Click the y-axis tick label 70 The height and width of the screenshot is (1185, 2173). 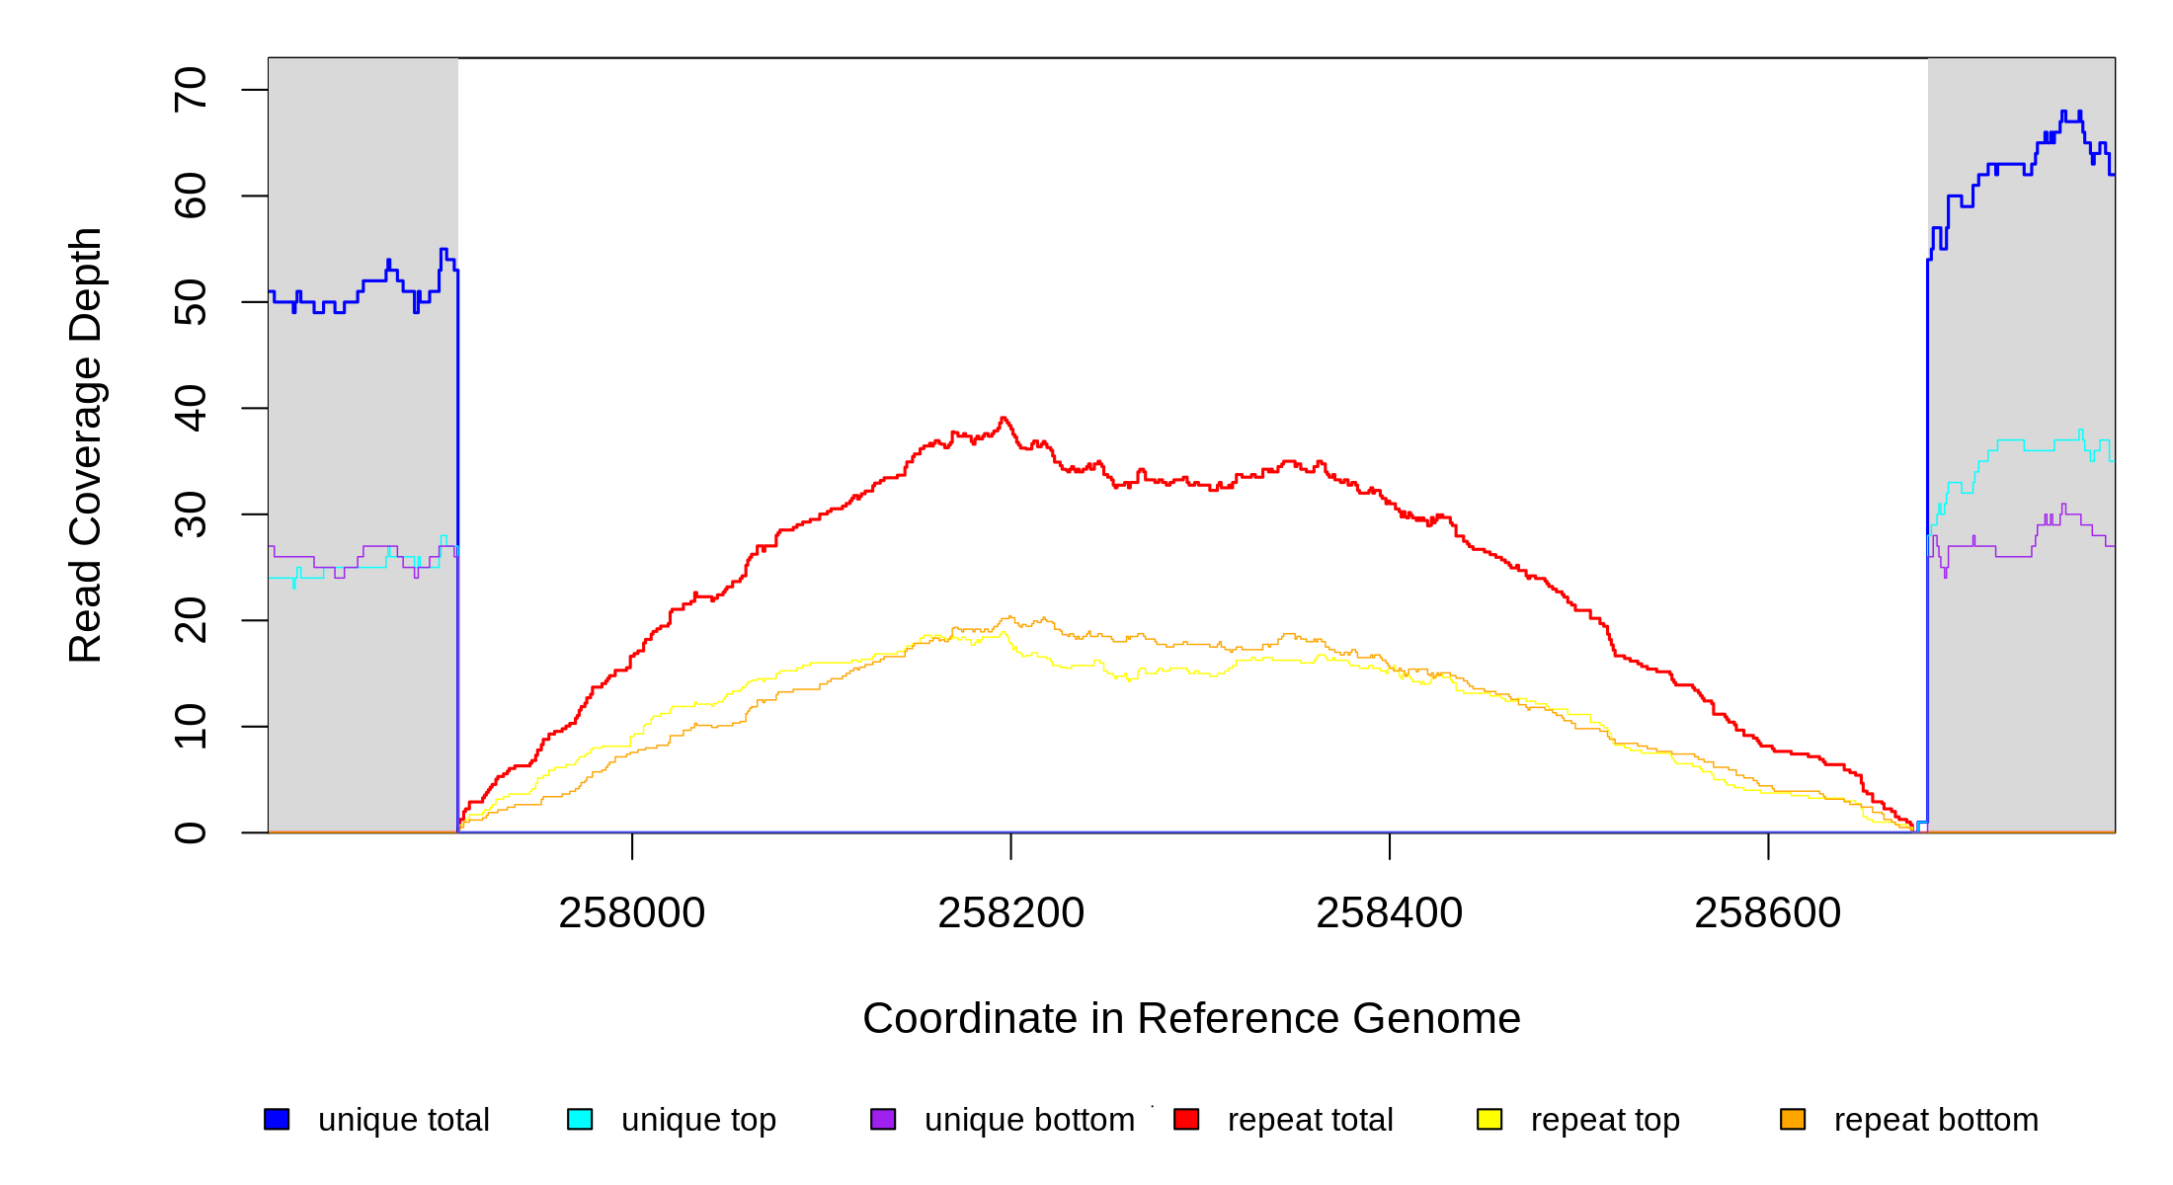click(x=191, y=90)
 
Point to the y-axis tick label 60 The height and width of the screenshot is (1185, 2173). click(x=191, y=196)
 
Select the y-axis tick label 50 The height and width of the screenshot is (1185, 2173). click(x=191, y=302)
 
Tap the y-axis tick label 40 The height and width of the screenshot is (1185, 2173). click(x=191, y=408)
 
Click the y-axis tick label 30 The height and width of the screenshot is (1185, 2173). click(x=191, y=514)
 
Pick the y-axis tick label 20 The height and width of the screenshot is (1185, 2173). click(x=191, y=620)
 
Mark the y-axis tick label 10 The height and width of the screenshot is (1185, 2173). click(x=191, y=727)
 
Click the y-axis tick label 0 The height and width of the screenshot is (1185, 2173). click(x=191, y=832)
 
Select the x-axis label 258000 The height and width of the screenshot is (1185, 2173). click(x=632, y=913)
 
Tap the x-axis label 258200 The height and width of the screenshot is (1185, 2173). click(x=1010, y=913)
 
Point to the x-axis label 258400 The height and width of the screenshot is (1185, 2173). click(x=1389, y=913)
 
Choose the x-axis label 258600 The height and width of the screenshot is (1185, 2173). click(x=1767, y=913)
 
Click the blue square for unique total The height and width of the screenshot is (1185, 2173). click(x=277, y=1119)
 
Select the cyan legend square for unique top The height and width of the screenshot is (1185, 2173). click(x=580, y=1119)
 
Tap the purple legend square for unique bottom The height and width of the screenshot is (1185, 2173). click(x=883, y=1119)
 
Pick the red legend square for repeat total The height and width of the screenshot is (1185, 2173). click(x=1186, y=1119)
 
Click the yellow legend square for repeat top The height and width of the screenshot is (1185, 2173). click(x=1489, y=1119)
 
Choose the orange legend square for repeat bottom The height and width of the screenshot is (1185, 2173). click(x=1793, y=1119)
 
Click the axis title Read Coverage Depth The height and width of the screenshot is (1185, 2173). click(x=86, y=444)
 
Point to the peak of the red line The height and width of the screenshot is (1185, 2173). click(x=1004, y=419)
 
